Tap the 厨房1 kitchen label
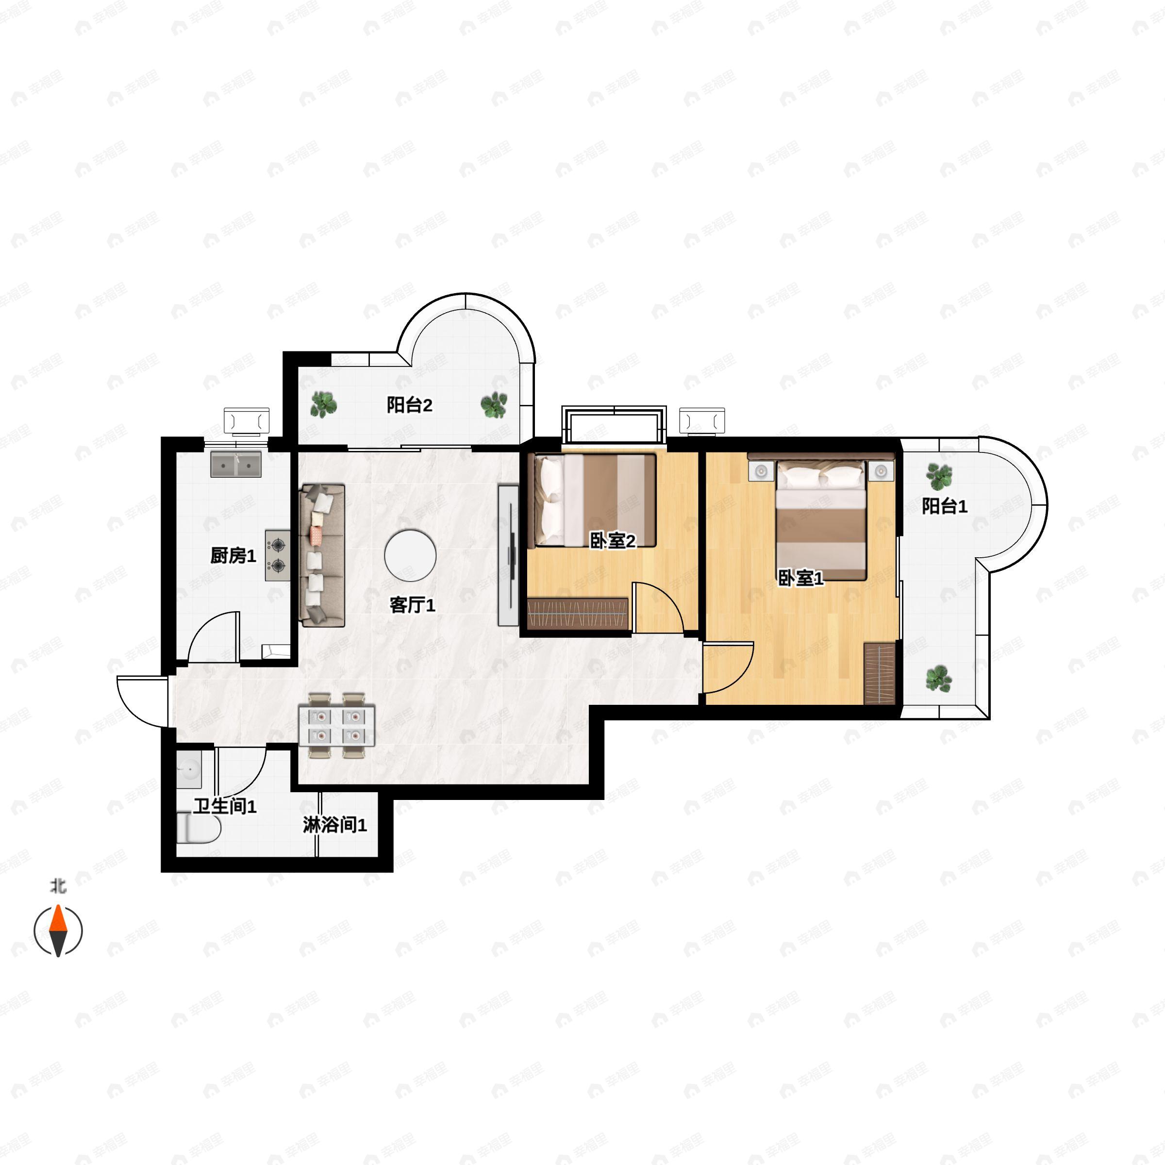pos(233,555)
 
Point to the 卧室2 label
pos(612,541)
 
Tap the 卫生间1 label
pos(225,806)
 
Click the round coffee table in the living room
pos(410,555)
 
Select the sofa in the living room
pos(322,555)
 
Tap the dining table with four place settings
pos(336,725)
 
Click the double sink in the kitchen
pos(236,465)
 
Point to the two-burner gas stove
pos(277,555)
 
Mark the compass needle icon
pos(58,931)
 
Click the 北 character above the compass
pos(58,886)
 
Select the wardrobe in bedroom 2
pos(578,614)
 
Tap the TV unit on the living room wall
pos(508,555)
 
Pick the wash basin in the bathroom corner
pos(189,769)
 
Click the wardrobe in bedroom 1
pos(879,674)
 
